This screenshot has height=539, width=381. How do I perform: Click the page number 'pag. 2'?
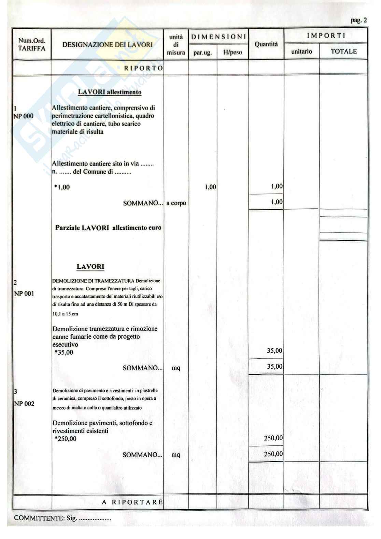[x=358, y=20]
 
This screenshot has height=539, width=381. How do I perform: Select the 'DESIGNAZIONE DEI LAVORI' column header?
[x=108, y=45]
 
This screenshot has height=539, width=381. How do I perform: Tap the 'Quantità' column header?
[x=266, y=44]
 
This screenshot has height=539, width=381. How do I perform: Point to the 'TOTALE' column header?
[x=343, y=52]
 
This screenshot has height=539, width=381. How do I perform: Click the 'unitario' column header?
[x=301, y=52]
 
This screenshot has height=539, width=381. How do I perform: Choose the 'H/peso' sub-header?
[x=232, y=53]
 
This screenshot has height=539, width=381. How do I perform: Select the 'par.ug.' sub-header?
[x=203, y=53]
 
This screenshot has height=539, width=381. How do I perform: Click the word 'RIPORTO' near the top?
[x=143, y=68]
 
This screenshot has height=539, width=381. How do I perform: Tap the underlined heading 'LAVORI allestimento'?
[x=110, y=92]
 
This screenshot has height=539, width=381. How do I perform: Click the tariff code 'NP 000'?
[x=24, y=116]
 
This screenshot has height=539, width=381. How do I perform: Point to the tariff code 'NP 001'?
[x=24, y=294]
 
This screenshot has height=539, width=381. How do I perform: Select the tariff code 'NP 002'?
[x=24, y=404]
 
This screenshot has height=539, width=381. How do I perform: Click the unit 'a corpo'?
[x=176, y=203]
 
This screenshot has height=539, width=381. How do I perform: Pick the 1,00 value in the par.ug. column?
[x=210, y=187]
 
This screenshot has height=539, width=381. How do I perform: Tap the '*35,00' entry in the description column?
[x=64, y=352]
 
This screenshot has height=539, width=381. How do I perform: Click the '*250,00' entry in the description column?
[x=65, y=439]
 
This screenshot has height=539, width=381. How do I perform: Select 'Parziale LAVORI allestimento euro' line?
[x=108, y=228]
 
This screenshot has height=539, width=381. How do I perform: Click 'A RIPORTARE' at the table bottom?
[x=132, y=502]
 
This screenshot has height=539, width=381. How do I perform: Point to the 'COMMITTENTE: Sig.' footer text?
[x=46, y=518]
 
